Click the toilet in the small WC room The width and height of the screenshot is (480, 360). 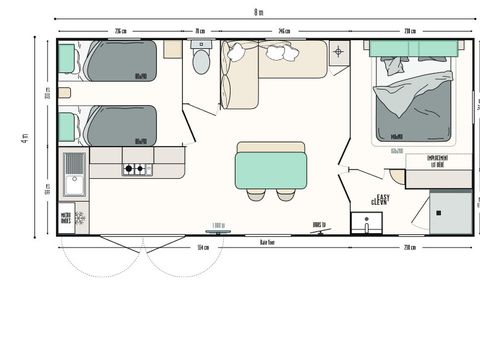pos(200,63)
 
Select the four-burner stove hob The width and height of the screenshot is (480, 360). pos(134,169)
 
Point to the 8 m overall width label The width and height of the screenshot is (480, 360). pos(258,12)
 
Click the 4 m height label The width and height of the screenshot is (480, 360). pos(23,136)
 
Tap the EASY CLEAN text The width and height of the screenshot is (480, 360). pos(381,200)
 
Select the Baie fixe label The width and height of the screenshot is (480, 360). pos(267,242)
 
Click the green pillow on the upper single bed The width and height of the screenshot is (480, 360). pos(66,59)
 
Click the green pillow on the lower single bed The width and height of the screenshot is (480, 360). pos(66,127)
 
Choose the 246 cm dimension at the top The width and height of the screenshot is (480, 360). pos(283,31)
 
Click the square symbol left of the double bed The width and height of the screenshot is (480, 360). pos(338,51)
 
